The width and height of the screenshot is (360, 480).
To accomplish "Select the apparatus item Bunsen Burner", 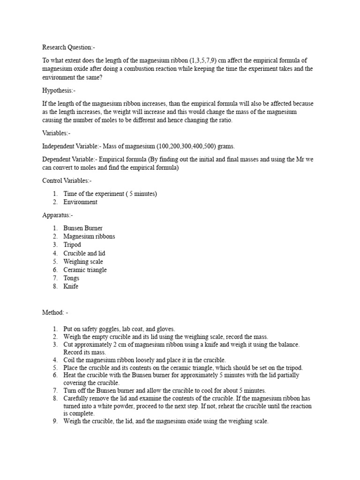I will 83,228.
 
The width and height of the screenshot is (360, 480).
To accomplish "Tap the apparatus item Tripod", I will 72,245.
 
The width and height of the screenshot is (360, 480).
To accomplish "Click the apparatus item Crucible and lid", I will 84,253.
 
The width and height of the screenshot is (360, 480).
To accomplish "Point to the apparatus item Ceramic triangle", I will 85,270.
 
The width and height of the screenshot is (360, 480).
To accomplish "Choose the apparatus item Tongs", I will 71,278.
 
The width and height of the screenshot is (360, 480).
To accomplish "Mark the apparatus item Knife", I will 71,286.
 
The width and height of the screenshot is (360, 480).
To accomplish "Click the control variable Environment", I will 81,202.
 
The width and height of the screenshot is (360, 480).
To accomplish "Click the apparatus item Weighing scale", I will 83,262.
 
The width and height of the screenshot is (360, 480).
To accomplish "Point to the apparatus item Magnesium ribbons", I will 89,236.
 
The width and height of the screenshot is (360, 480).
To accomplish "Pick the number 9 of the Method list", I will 55,421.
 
